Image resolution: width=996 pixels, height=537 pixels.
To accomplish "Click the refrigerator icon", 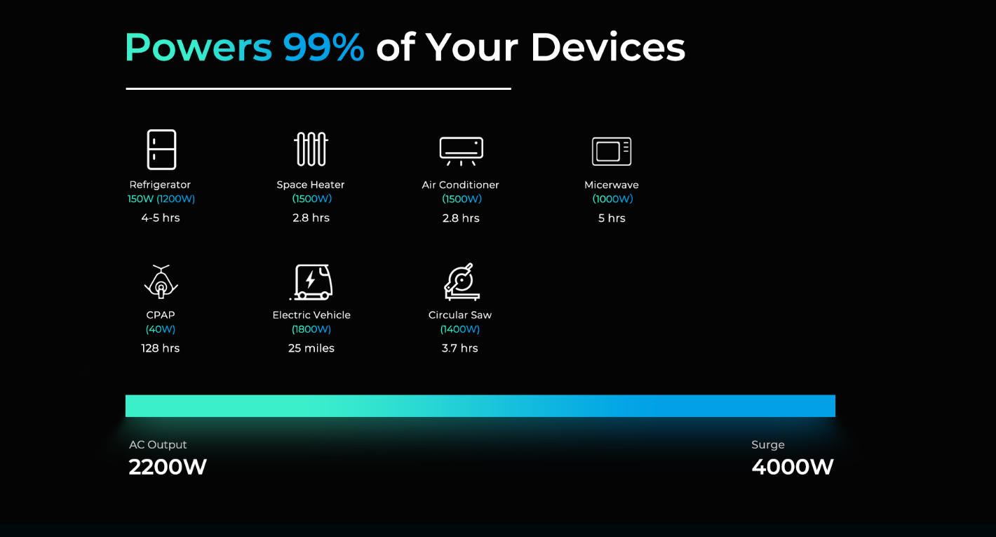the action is pos(161,150).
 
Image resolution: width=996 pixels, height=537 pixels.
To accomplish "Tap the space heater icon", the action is pos(311,149).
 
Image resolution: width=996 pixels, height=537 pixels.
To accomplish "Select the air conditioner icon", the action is pos(461,151).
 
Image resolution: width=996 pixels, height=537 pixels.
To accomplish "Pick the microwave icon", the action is pos(612,151).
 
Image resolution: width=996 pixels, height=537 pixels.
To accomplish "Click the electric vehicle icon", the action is pos(311,282).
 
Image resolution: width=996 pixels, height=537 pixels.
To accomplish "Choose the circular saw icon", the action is pos(462,281).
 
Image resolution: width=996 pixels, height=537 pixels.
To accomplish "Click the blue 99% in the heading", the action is pos(324,47).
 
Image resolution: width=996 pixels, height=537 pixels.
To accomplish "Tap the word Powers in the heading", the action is pos(198,47).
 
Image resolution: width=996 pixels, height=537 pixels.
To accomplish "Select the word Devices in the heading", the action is pos(608,47).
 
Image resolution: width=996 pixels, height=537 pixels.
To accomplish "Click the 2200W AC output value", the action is pos(168,467).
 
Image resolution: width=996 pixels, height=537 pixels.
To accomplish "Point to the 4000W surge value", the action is pos(793,467).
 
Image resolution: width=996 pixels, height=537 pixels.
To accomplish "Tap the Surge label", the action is pos(768,444).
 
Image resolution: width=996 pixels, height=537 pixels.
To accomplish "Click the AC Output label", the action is pos(158,444).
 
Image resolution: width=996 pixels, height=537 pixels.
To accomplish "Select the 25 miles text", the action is pos(311,348).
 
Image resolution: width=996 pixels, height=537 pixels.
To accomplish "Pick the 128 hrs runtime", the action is pos(161,348).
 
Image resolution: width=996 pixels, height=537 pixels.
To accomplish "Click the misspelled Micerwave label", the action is pos(612,185).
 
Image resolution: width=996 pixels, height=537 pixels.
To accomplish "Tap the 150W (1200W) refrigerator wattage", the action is pos(161,199).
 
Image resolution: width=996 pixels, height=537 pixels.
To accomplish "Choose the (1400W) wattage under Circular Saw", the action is pos(459,329).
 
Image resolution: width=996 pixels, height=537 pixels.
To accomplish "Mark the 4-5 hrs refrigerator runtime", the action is pos(161,218).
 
